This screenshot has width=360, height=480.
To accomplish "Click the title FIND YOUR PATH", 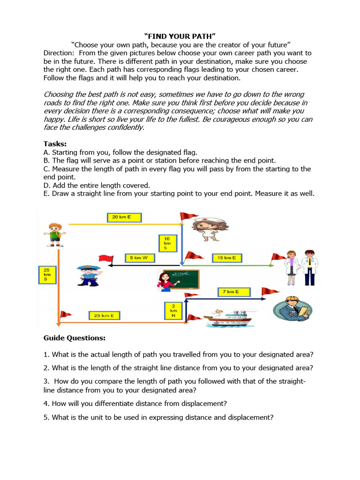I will [180, 36].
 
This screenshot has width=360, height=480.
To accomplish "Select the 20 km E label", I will [124, 217].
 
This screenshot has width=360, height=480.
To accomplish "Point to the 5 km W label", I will [140, 258].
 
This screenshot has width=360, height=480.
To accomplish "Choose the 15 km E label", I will [227, 258].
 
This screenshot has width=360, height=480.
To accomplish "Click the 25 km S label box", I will [47, 275].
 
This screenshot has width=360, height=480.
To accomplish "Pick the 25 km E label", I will [104, 315].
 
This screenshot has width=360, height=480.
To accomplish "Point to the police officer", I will [88, 275].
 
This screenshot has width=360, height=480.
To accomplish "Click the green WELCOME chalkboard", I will [186, 279].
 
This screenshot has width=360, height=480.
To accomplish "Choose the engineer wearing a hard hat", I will [293, 308].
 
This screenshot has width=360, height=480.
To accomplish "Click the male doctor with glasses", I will [309, 268].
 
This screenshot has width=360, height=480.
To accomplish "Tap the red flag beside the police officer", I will [105, 258].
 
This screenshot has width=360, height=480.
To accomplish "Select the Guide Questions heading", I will [75, 338].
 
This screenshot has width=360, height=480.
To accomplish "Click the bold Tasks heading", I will [55, 144].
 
